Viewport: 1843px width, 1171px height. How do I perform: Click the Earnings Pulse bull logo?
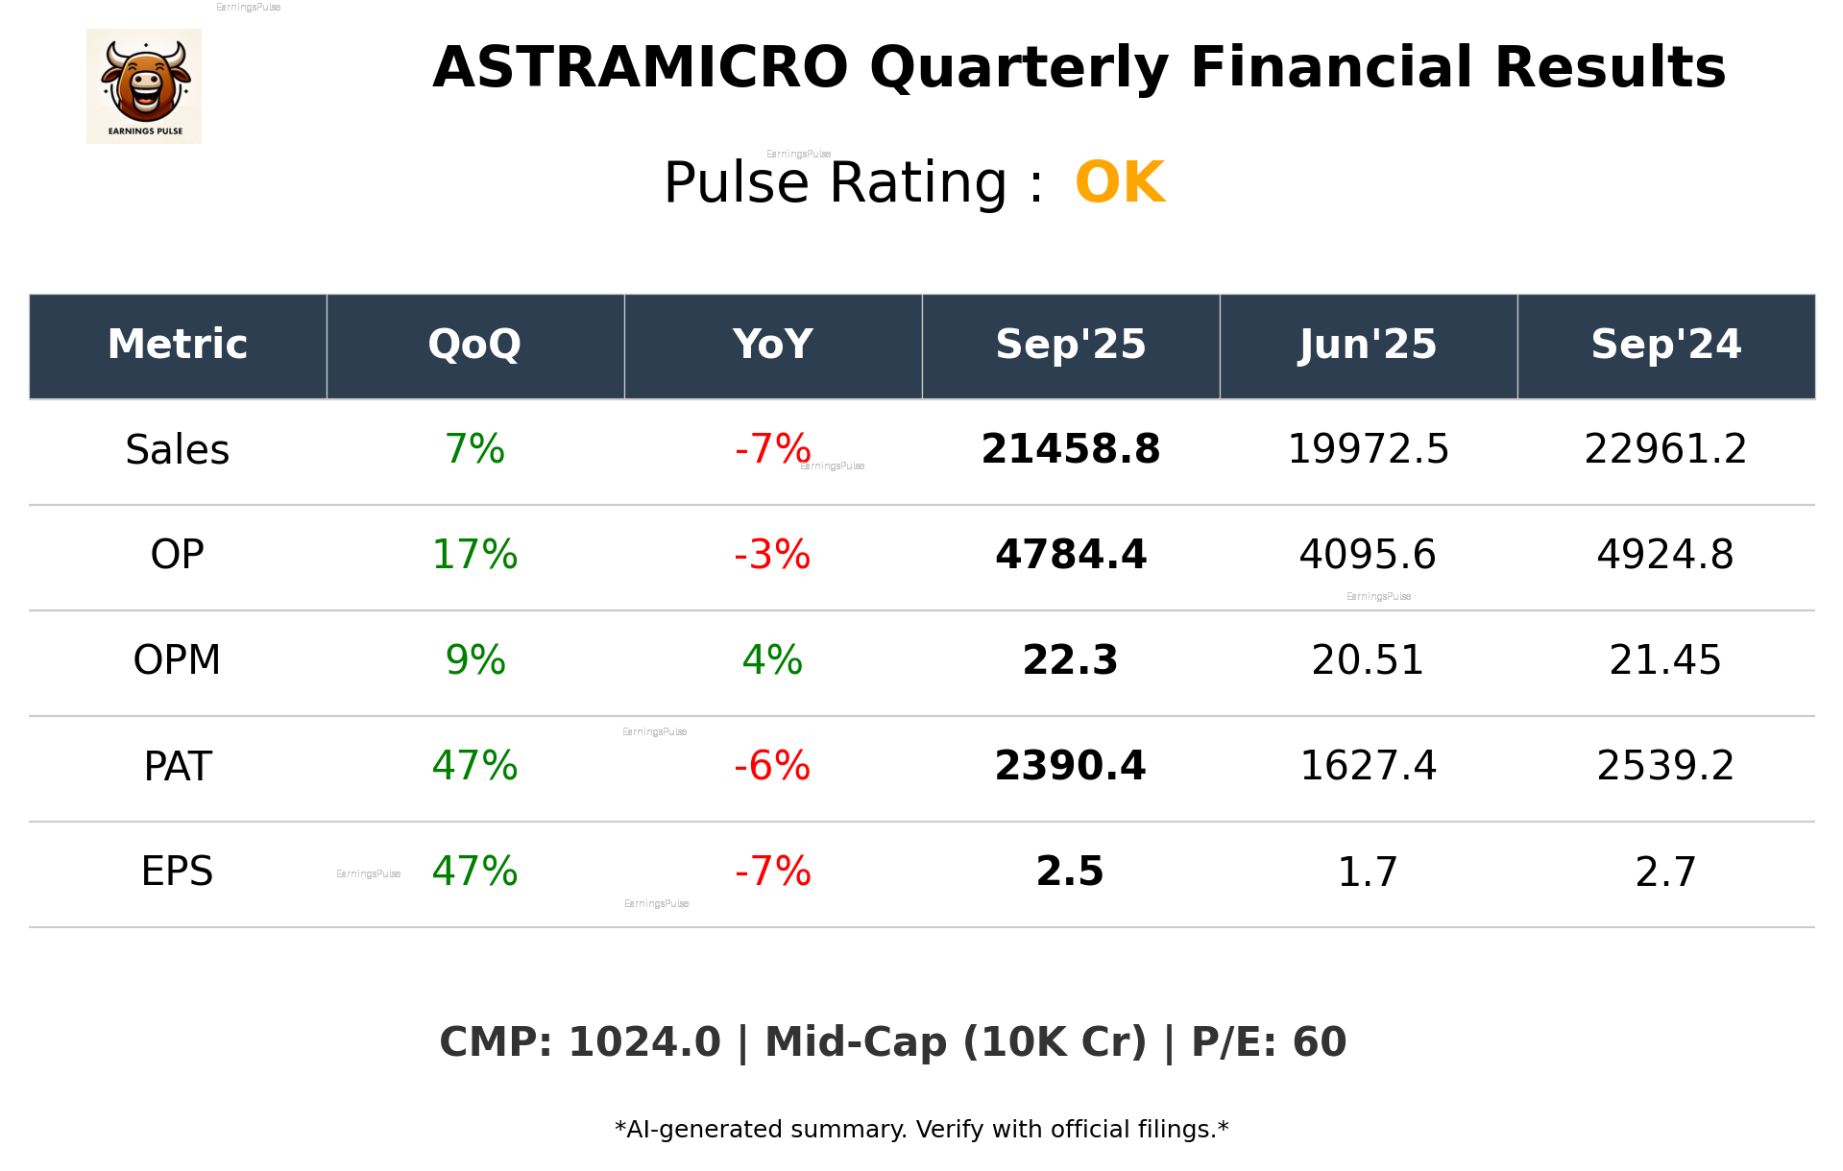[144, 85]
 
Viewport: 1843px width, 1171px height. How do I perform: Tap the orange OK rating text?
[1120, 182]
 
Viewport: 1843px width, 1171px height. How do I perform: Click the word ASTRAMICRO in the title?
[640, 68]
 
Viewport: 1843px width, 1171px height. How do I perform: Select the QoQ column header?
[474, 345]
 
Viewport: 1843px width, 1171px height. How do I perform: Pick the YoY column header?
[772, 345]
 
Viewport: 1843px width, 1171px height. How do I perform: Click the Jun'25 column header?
[1368, 345]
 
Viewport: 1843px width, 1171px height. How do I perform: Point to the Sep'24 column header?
[1665, 345]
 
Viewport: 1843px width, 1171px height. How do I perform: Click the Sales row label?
[178, 450]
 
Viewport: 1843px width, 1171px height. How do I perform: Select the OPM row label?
[178, 660]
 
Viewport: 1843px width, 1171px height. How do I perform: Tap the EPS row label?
[178, 872]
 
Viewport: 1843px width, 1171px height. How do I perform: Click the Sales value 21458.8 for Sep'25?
[1070, 450]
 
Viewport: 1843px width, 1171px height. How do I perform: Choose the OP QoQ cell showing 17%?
[474, 555]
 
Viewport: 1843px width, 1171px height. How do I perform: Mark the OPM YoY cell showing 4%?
[772, 660]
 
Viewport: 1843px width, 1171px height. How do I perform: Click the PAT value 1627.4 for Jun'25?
[1368, 766]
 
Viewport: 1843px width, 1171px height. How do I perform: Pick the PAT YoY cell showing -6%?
[772, 766]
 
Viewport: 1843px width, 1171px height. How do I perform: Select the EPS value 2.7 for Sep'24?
[1665, 872]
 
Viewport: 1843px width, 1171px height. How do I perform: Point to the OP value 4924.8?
[1665, 555]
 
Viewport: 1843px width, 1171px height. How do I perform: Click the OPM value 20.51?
[1368, 660]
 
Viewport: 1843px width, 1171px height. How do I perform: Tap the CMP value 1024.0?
[643, 1042]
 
